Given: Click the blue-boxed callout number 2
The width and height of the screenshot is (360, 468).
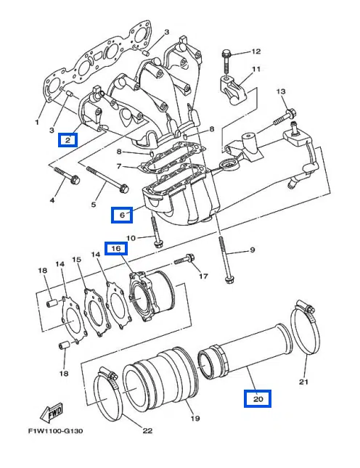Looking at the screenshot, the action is (68, 140).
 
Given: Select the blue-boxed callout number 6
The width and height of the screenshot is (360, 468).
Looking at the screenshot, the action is (122, 215).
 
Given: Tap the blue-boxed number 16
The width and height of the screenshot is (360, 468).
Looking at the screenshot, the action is (116, 248).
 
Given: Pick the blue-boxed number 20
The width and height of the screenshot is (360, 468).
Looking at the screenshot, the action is (258, 398).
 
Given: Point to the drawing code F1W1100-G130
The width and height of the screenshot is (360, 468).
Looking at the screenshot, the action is (55, 431).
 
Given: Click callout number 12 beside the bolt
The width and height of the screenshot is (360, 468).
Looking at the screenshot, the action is (255, 52).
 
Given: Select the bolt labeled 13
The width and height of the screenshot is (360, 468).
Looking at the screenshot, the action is (285, 117).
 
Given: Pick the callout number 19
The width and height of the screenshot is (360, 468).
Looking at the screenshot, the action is (195, 418).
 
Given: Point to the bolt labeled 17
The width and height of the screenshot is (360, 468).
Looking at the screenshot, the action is (184, 259).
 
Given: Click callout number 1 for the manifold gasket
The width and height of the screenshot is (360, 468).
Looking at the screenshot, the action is (37, 122).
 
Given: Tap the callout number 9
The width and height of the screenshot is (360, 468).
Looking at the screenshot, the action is (252, 250).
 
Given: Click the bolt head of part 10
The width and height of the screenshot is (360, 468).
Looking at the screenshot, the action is (157, 244).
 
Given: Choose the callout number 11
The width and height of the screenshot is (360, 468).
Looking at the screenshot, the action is (255, 69).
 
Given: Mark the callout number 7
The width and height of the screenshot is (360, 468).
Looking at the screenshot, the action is (119, 165).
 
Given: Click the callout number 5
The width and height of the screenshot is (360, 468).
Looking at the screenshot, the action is (94, 204).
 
